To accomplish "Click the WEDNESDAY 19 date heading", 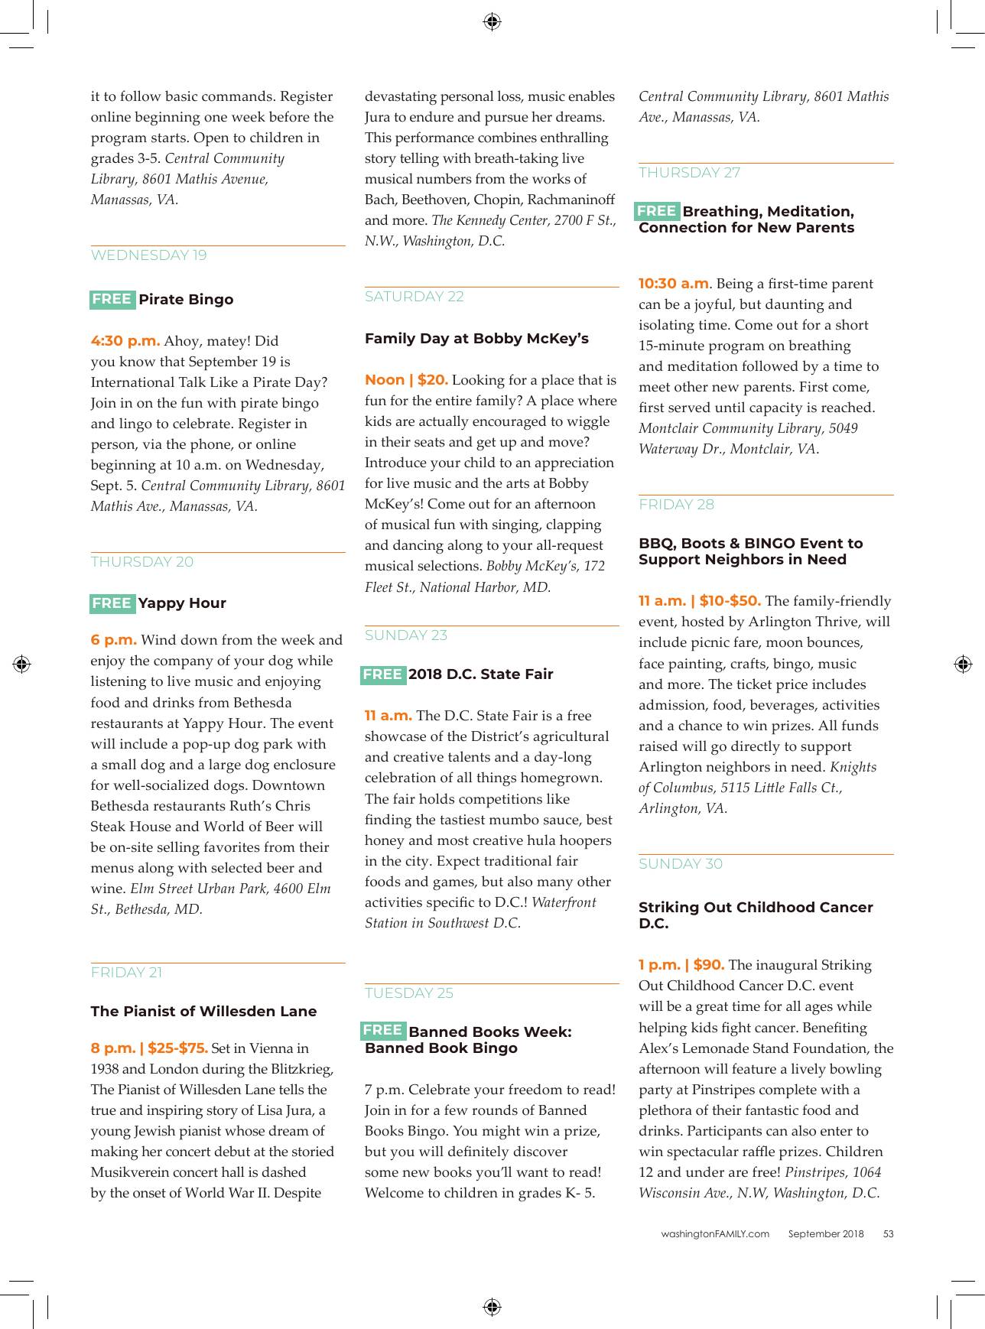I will coord(148,255).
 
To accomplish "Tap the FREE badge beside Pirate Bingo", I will coord(112,299).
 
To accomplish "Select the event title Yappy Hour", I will coord(182,603).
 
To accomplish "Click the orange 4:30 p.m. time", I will coord(125,341).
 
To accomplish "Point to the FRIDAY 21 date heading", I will coord(126,973).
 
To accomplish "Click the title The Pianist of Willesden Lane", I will coord(203,1011).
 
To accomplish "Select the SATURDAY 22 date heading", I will coord(414,297).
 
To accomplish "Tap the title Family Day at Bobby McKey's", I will coord(476,338).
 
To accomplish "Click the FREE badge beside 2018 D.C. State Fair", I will coord(382,674).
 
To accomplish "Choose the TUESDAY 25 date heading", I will coord(408,993).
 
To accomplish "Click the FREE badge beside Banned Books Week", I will coord(382,1030).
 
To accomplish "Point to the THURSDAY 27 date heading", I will coord(689,173).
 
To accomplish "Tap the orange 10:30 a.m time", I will coord(673,284).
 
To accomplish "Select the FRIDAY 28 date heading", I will coord(676,505).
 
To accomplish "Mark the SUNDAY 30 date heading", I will coord(680,864).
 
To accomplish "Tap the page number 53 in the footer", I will coord(888,1233).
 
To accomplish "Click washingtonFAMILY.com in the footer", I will coord(715,1233).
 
